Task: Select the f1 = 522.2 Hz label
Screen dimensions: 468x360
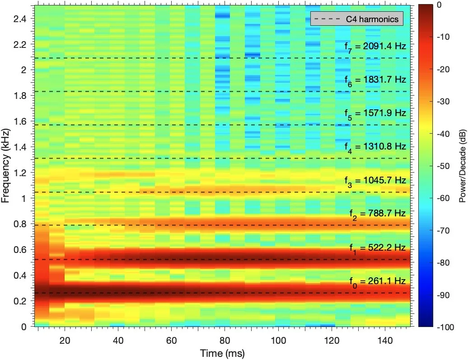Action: pos(378,248)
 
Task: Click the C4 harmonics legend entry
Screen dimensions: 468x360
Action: pos(356,19)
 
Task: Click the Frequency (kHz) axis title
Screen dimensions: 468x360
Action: pos(6,166)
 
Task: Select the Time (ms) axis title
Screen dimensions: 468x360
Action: pos(222,353)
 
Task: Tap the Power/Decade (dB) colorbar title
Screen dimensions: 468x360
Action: pos(462,166)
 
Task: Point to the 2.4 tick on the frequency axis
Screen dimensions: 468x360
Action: pos(20,19)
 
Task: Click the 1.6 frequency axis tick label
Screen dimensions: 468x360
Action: pos(20,121)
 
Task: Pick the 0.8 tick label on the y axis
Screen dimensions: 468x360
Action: pos(20,224)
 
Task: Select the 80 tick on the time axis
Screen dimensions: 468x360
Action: pos(225,340)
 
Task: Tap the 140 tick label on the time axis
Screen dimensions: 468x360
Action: pos(385,340)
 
